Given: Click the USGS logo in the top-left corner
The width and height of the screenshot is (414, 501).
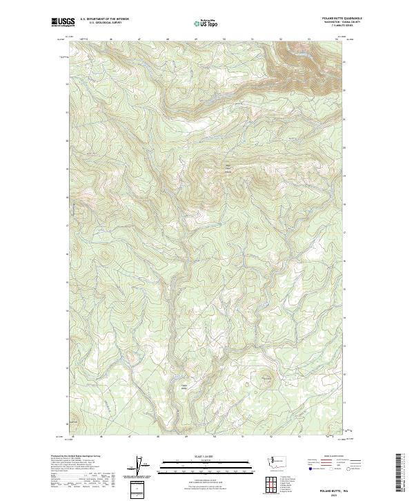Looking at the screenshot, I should pyautogui.click(x=61, y=22).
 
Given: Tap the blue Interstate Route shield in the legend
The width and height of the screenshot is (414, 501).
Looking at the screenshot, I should pyautogui.click(x=310, y=469).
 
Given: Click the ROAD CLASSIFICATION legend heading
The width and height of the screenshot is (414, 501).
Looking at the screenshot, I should pyautogui.click(x=335, y=457).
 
